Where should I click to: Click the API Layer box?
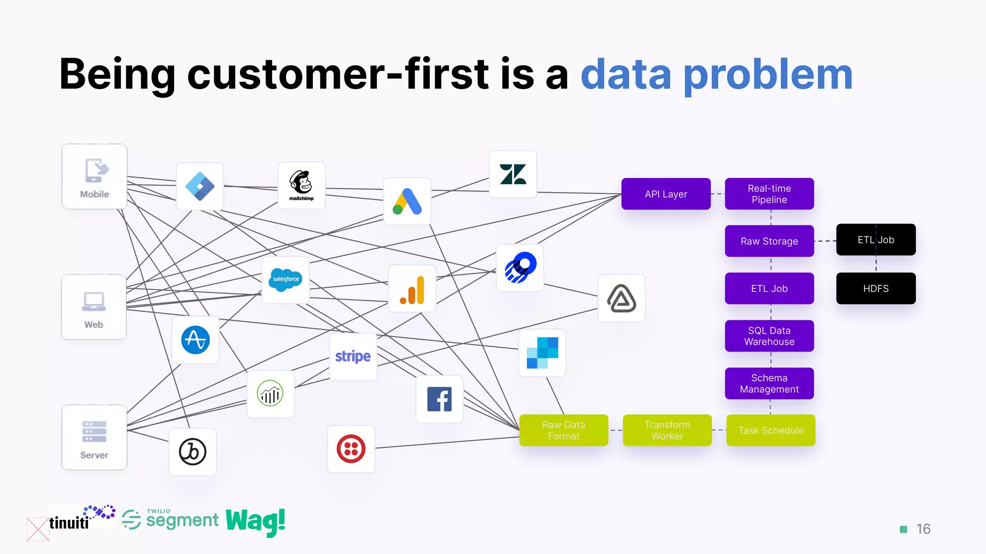pos(666,194)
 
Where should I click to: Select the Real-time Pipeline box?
pos(769,194)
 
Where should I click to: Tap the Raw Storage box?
pos(769,241)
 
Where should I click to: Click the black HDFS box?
pos(875,288)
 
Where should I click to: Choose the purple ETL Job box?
pos(769,288)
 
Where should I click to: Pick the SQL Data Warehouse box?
pos(769,336)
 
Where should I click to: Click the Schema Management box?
pos(769,383)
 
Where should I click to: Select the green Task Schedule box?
pos(770,430)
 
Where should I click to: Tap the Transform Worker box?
pos(667,430)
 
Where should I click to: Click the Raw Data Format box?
pos(563,430)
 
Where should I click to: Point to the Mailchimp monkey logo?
pos(301,185)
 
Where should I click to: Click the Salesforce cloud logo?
pos(285,279)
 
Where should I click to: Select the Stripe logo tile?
pos(353,356)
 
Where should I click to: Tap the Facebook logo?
pos(439,399)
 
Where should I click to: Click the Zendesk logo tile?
pos(513,174)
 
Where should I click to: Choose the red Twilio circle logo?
pos(351,449)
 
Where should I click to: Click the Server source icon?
pos(94,437)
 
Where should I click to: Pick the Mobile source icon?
pos(94,176)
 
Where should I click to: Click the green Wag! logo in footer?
pos(255,521)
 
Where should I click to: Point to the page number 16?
pos(922,529)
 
